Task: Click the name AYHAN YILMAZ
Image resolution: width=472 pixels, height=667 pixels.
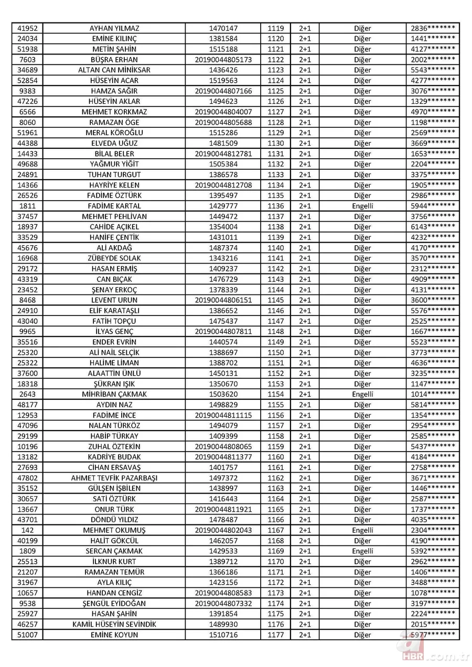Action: tap(114, 28)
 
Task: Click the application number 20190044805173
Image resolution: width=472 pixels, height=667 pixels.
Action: tap(223, 60)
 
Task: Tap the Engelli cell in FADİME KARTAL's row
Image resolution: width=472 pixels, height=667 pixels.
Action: tap(362, 206)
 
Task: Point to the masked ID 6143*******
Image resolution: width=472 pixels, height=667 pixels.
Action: tap(433, 227)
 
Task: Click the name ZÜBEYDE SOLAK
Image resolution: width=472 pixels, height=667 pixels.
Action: tap(114, 258)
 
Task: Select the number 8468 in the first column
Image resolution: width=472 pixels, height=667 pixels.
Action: tap(27, 300)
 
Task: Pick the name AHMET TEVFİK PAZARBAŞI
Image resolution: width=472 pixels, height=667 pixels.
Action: tap(114, 478)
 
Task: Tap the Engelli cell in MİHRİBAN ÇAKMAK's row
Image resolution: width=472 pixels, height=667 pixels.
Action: tap(362, 395)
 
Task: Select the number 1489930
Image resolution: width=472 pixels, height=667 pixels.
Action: tap(223, 625)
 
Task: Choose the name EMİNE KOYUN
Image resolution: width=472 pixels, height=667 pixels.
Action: tap(114, 635)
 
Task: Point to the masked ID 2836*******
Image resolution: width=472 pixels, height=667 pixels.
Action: tap(433, 28)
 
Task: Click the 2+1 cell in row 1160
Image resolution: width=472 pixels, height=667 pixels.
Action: tap(305, 457)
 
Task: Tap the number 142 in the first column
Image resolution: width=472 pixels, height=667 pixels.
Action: tap(27, 530)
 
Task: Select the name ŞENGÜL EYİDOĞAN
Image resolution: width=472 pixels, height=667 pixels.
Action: tap(114, 604)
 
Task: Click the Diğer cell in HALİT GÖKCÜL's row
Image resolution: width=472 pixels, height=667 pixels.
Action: tap(362, 541)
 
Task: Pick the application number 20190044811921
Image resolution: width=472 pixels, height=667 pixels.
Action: tap(223, 509)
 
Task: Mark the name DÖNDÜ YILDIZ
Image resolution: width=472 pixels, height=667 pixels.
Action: tap(114, 520)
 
